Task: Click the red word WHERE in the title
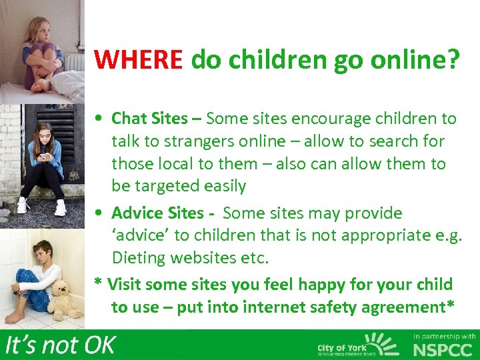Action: [x=138, y=60]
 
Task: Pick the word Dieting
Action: [x=139, y=257]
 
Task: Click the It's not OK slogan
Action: [x=60, y=345]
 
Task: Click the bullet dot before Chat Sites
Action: [x=99, y=119]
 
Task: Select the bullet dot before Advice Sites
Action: [x=99, y=214]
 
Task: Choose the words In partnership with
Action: [x=445, y=337]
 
